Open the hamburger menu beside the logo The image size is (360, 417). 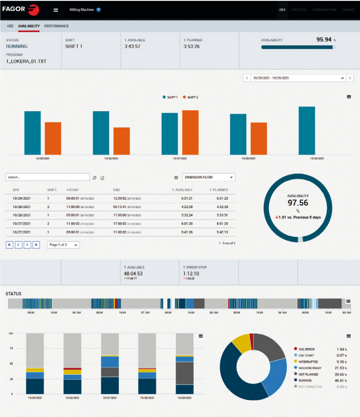(x=56, y=10)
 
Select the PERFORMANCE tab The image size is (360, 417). (x=56, y=27)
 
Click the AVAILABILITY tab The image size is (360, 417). (x=29, y=27)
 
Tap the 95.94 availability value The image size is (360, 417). (x=324, y=40)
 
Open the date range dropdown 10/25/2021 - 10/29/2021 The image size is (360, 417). (x=297, y=78)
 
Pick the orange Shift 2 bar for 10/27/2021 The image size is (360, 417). (x=190, y=132)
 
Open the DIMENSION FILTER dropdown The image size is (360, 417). (x=208, y=177)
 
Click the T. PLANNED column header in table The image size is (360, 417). (x=219, y=190)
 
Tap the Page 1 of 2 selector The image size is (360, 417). (x=63, y=245)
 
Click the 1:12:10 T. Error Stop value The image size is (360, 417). (x=191, y=273)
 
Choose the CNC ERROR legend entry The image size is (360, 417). (x=308, y=349)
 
